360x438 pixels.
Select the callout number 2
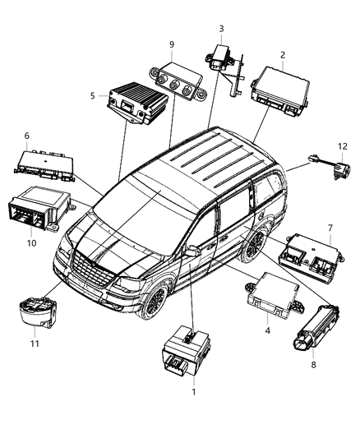[x=282, y=55]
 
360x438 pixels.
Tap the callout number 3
[x=220, y=29]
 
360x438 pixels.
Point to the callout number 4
[x=268, y=330]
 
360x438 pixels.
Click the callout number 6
[x=26, y=136]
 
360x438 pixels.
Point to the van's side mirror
[x=193, y=251]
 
